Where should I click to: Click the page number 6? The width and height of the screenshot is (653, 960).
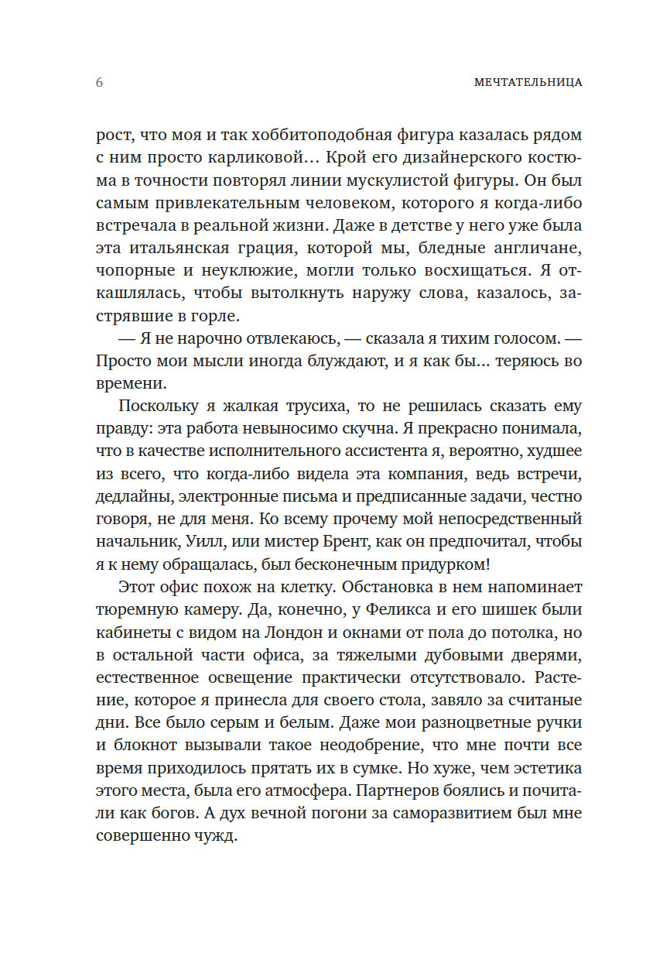[99, 83]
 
